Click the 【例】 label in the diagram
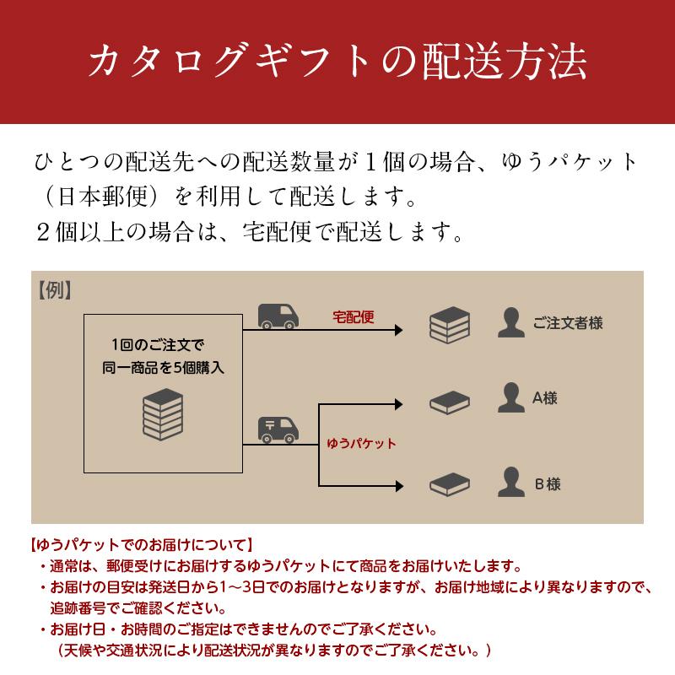tap(54, 289)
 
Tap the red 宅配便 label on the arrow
tap(353, 319)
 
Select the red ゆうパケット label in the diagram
tap(361, 442)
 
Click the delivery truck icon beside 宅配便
tap(278, 316)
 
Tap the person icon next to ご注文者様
tap(509, 323)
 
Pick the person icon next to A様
tap(509, 397)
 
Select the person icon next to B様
tap(509, 483)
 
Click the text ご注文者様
tap(568, 323)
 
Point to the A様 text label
tap(545, 398)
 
